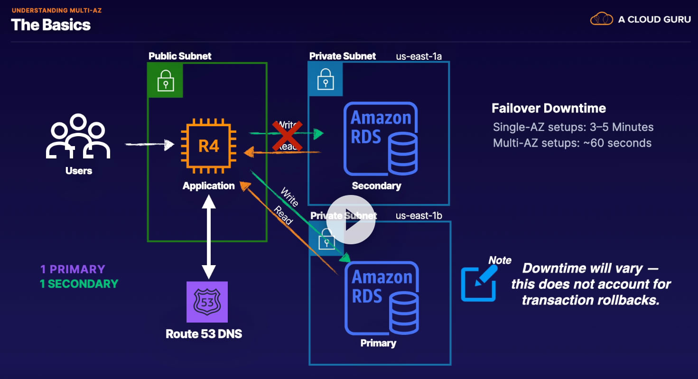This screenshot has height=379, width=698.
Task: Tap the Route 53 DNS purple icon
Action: [x=207, y=302]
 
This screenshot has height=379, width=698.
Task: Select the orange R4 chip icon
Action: [x=208, y=146]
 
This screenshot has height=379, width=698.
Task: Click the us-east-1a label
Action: [x=419, y=56]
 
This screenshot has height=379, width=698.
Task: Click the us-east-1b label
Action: [x=419, y=216]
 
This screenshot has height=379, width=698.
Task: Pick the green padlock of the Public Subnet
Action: [x=166, y=80]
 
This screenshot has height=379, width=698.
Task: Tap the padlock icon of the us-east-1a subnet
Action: [x=325, y=79]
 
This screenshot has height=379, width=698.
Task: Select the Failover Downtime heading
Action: [x=549, y=108]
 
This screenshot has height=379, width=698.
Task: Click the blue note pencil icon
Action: [x=479, y=282]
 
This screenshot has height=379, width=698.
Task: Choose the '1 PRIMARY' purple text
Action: [x=73, y=269]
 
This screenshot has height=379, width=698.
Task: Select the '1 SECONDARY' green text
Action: [x=79, y=284]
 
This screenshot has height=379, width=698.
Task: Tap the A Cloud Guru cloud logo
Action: [x=601, y=19]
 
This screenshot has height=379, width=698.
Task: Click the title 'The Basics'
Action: [x=51, y=25]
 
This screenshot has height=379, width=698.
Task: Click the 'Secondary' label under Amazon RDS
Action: [x=376, y=185]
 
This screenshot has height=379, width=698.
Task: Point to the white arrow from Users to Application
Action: [x=149, y=144]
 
